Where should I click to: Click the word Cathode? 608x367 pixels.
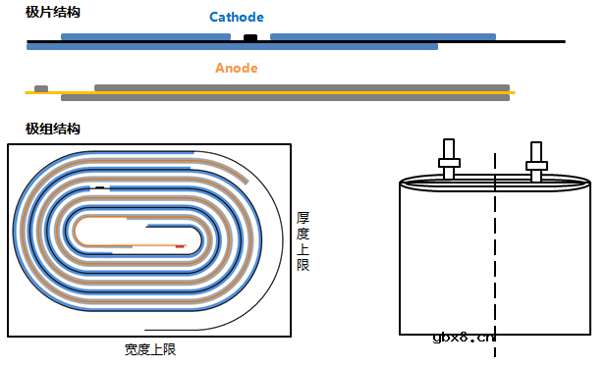tap(236, 18)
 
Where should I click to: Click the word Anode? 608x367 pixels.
tap(236, 68)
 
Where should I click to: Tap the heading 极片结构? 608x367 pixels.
tap(53, 12)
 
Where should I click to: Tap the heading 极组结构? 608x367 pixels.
tap(53, 129)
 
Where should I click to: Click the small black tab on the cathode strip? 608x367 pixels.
tap(250, 37)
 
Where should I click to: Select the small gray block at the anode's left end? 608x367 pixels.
tap(41, 88)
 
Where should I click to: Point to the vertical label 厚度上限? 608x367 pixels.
tap(304, 240)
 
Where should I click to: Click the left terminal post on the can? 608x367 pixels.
tap(449, 160)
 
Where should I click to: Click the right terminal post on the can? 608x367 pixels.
tap(535, 160)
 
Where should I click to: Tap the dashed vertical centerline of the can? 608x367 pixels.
tap(495, 255)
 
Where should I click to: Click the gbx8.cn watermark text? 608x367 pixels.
tap(464, 338)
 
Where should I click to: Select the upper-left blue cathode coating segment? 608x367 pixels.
tap(145, 36)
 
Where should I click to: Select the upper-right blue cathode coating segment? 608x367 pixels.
tap(382, 36)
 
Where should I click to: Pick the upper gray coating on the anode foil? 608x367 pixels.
tap(302, 87)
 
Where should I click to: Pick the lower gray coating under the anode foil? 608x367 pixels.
tap(285, 98)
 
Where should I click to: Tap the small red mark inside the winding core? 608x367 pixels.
tap(180, 245)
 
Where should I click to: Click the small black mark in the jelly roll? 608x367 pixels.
tap(99, 186)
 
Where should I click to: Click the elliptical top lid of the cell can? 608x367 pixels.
tap(495, 182)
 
